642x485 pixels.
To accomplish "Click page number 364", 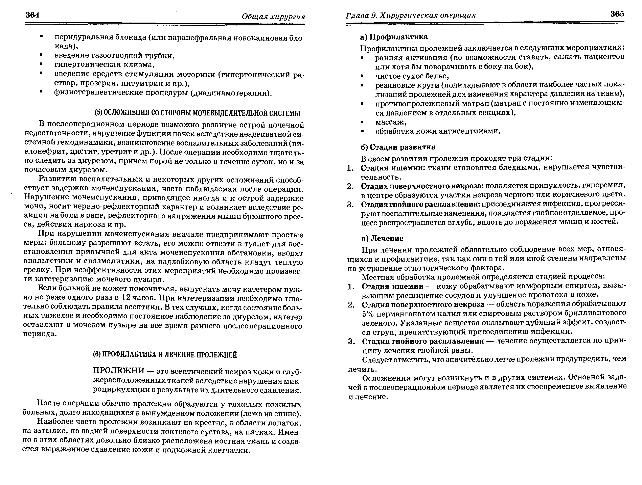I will (x=32, y=15).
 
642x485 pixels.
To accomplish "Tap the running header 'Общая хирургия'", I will (x=273, y=17).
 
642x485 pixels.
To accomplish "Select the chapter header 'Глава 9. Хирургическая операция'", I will (x=411, y=15).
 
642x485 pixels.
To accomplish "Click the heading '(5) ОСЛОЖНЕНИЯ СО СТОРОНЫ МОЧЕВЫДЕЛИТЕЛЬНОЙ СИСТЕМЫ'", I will (x=197, y=113).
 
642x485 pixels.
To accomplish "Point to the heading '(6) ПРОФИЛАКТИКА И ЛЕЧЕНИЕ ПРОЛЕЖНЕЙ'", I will (x=165, y=355).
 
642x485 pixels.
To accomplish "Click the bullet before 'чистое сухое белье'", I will (x=362, y=76).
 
